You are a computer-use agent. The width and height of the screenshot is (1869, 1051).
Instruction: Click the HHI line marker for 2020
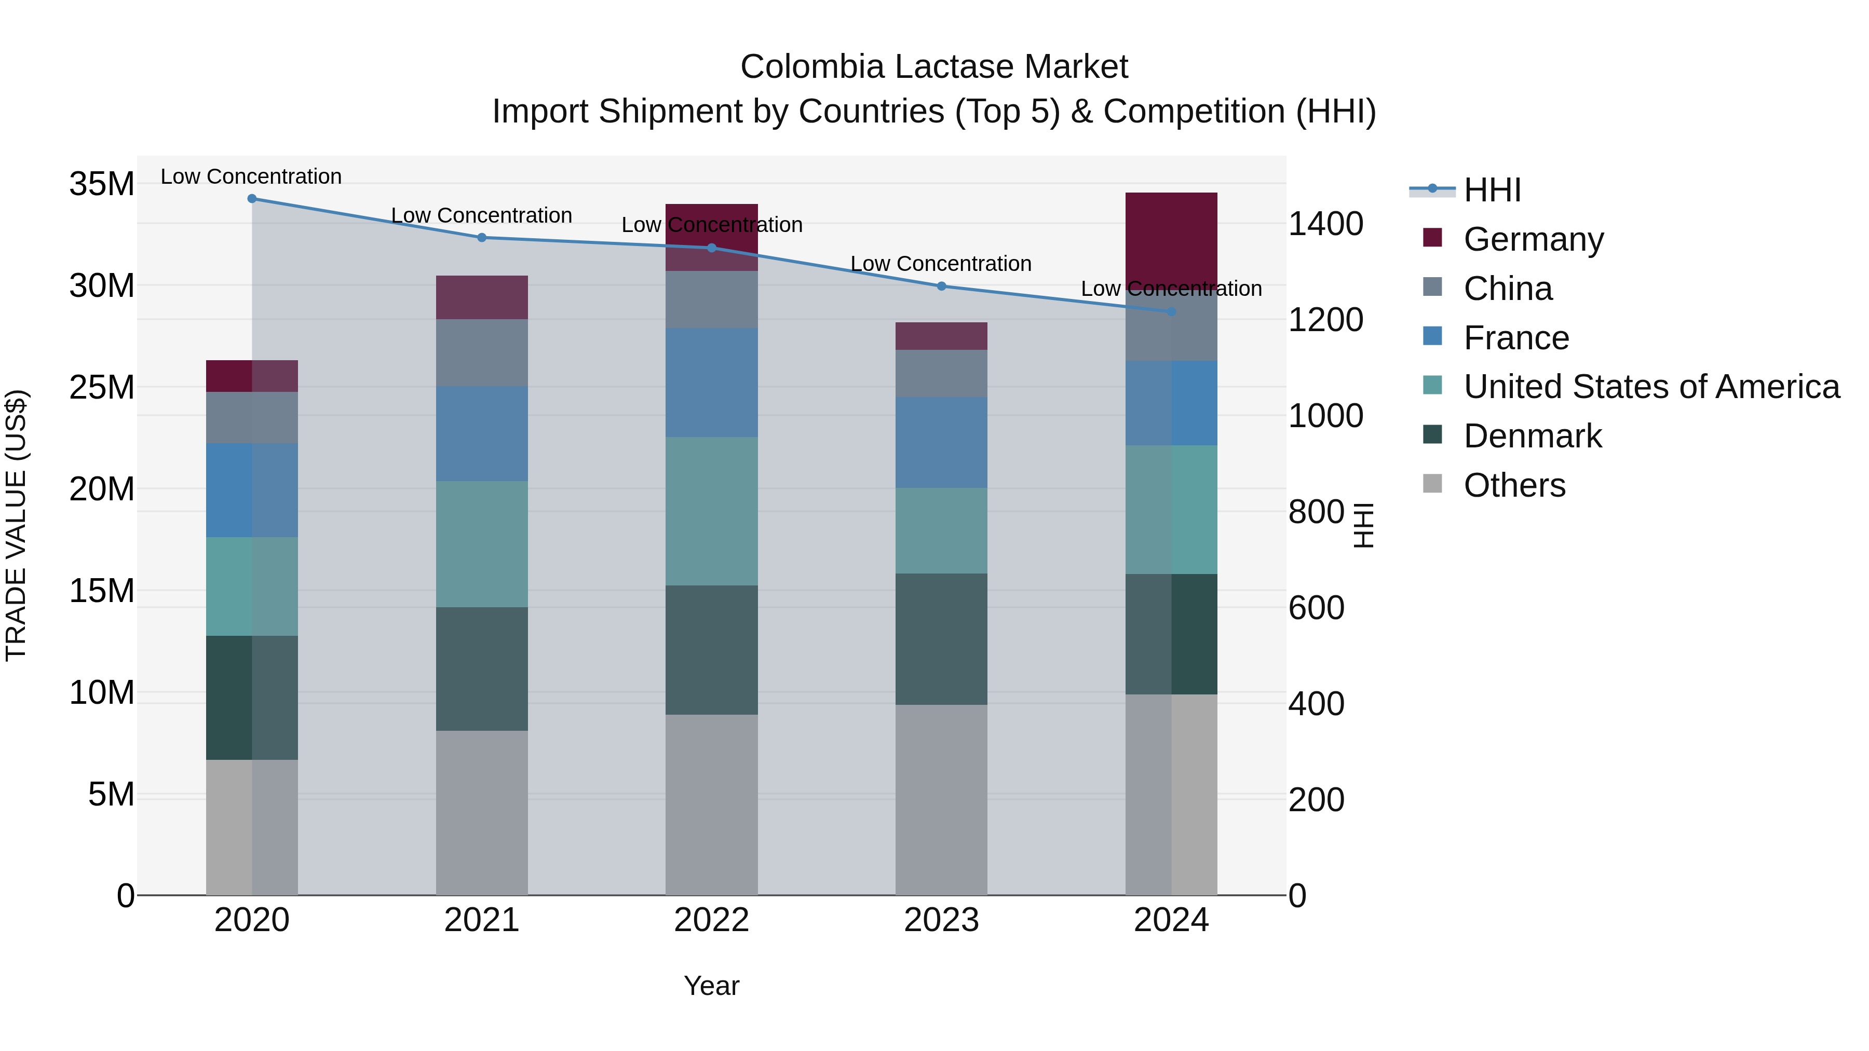tap(252, 199)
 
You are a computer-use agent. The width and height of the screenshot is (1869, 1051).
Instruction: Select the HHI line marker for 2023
tap(941, 286)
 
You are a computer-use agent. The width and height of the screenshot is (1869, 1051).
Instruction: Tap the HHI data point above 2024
tap(1171, 312)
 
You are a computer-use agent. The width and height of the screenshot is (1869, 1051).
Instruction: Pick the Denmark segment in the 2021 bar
tap(482, 669)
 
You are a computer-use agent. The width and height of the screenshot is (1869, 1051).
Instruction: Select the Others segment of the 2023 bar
tap(941, 799)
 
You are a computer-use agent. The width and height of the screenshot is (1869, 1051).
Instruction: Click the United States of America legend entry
tap(1650, 387)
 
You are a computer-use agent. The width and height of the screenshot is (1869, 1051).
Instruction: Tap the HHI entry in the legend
tap(1492, 190)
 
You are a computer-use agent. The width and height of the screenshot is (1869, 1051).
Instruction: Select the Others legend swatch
tap(1432, 484)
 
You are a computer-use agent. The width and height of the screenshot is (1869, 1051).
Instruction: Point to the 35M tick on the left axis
tap(102, 184)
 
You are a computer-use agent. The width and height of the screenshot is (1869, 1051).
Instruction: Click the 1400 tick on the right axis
tap(1325, 224)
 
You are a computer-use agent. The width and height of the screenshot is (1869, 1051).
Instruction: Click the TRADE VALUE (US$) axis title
tap(16, 525)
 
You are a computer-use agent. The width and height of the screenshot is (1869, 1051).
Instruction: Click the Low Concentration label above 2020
tap(251, 176)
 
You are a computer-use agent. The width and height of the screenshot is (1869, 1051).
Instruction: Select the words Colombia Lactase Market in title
tap(934, 67)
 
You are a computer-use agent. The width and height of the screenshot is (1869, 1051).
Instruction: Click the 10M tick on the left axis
tap(102, 693)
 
